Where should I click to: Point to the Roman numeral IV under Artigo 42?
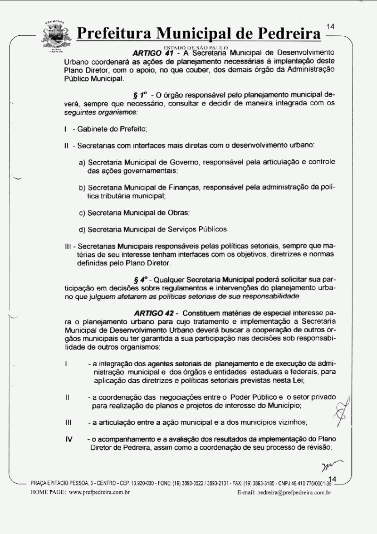[x=69, y=438]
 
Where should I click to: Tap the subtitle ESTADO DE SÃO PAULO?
[x=195, y=48]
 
